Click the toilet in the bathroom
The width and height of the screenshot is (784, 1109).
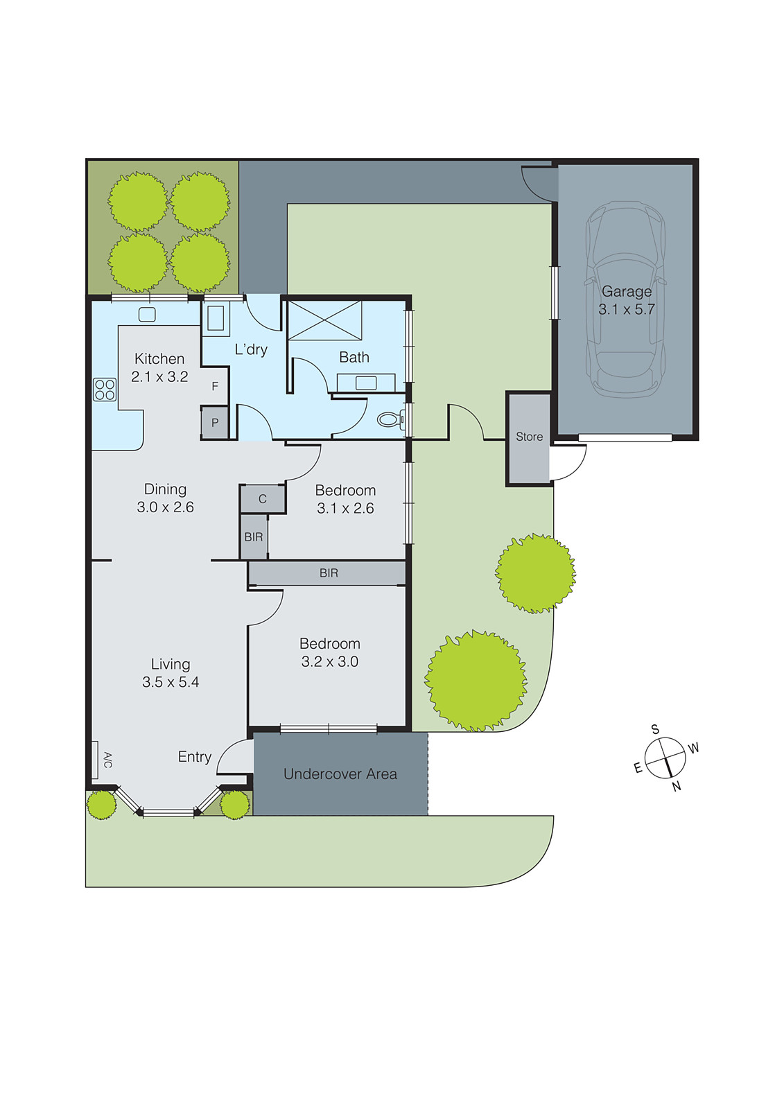pyautogui.click(x=390, y=419)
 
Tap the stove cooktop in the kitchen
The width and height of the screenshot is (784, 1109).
pyautogui.click(x=105, y=390)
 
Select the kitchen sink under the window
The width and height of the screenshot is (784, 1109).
pyautogui.click(x=147, y=315)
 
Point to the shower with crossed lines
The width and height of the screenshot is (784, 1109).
pyautogui.click(x=324, y=320)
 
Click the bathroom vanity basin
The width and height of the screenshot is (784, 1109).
pyautogui.click(x=365, y=383)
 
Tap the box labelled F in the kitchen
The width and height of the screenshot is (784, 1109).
pyautogui.click(x=215, y=386)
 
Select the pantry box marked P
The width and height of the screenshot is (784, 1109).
pyautogui.click(x=215, y=423)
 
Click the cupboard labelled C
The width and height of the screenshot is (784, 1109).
pyautogui.click(x=263, y=499)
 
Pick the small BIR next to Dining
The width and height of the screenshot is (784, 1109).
pyautogui.click(x=254, y=536)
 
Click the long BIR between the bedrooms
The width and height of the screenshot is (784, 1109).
pyautogui.click(x=328, y=573)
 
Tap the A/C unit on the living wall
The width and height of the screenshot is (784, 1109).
pyautogui.click(x=95, y=760)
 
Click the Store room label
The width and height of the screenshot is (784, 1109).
pyautogui.click(x=529, y=437)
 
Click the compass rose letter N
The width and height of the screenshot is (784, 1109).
pyautogui.click(x=677, y=787)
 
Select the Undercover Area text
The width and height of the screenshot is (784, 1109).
pyautogui.click(x=340, y=774)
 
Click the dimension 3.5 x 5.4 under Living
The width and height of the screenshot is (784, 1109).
pyautogui.click(x=171, y=682)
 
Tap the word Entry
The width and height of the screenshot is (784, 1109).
pyautogui.click(x=194, y=757)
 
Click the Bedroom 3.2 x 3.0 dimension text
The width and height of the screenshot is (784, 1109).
pyautogui.click(x=329, y=662)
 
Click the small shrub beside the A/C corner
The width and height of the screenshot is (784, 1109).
pyautogui.click(x=102, y=805)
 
